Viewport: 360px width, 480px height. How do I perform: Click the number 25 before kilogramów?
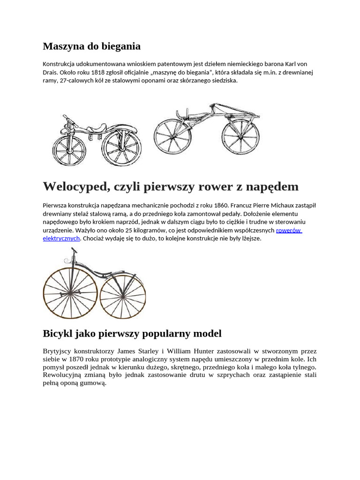129,231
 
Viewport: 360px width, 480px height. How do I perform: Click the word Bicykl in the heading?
57,334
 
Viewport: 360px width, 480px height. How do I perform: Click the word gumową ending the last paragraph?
95,383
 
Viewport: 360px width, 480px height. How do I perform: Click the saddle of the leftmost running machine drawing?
98,127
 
